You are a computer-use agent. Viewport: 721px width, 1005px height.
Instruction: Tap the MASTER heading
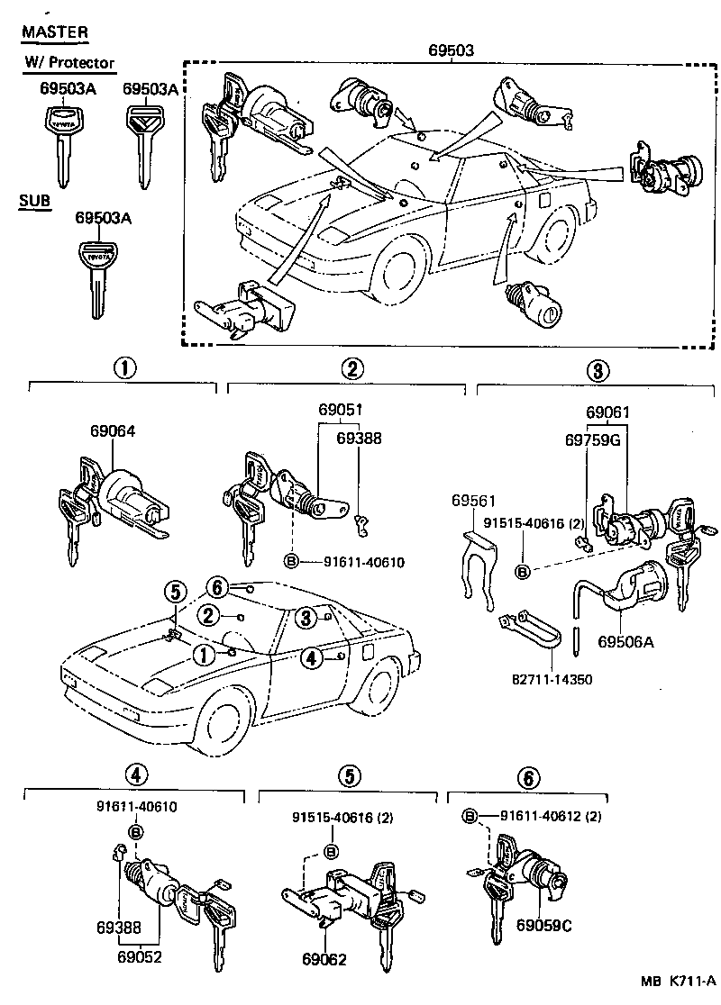55,32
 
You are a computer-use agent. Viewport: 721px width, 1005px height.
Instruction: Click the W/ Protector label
70,62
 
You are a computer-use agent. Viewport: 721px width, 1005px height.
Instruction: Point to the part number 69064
112,431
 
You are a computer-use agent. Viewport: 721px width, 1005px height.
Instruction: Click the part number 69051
341,410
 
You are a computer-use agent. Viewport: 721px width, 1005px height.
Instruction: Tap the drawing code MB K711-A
678,981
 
